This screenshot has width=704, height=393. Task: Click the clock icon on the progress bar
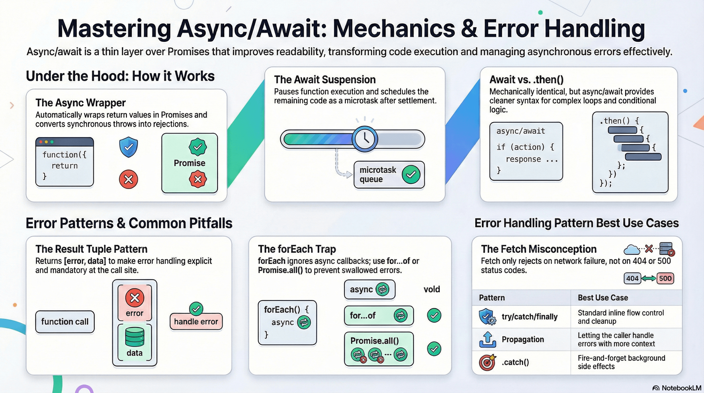point(365,139)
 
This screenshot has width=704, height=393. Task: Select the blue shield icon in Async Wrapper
point(128,147)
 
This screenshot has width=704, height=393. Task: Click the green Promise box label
point(189,163)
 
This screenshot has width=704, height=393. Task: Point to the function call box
point(65,322)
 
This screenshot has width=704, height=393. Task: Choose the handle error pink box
point(196,322)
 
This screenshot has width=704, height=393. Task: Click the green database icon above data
point(135,337)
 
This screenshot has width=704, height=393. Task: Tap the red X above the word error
point(135,298)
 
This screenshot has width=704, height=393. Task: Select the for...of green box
point(379,315)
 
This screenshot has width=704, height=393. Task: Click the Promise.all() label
point(375,341)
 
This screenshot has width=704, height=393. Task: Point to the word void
point(432,289)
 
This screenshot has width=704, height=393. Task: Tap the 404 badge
point(632,278)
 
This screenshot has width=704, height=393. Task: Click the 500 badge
point(665,278)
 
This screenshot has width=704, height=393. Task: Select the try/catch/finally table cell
point(529,316)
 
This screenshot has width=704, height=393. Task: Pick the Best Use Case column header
point(603,298)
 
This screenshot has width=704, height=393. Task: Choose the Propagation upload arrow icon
point(488,340)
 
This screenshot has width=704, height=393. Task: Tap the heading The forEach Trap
point(297,249)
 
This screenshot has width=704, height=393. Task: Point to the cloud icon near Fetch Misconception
point(631,249)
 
